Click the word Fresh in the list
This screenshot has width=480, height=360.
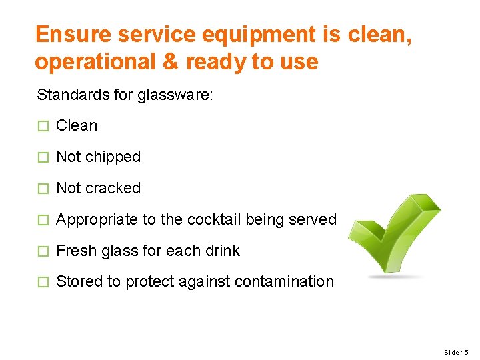[74, 251]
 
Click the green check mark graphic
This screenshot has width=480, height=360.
[394, 233]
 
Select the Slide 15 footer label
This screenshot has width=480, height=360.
[456, 352]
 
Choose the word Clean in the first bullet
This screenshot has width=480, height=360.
[77, 125]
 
